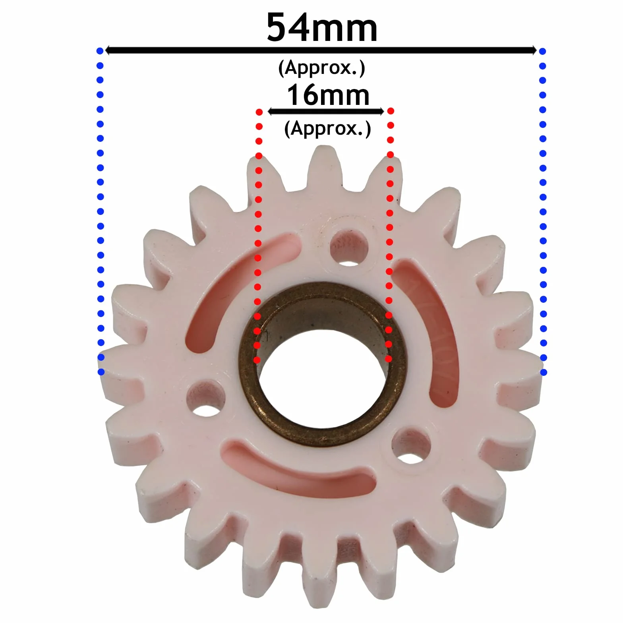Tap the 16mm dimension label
(x=328, y=95)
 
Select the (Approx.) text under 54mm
(x=321, y=68)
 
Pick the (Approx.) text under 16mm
(x=327, y=128)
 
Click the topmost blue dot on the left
(x=100, y=51)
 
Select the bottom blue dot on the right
(x=544, y=372)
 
